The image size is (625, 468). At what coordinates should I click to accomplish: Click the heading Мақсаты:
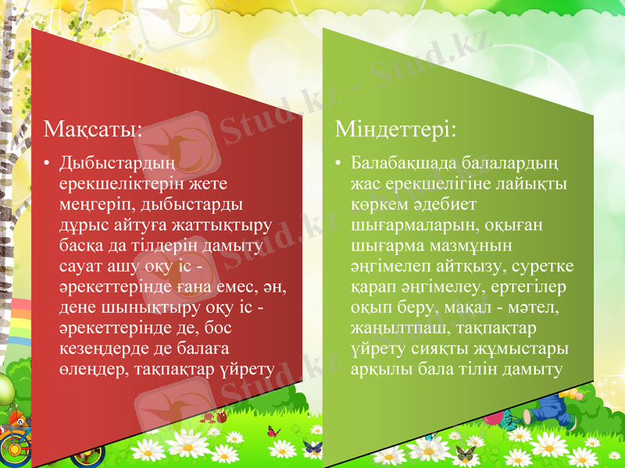(93, 129)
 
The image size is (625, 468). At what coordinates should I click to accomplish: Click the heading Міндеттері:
(395, 129)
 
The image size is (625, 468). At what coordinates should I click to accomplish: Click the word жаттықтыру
(227, 225)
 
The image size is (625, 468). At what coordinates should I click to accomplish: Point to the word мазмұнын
(481, 245)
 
